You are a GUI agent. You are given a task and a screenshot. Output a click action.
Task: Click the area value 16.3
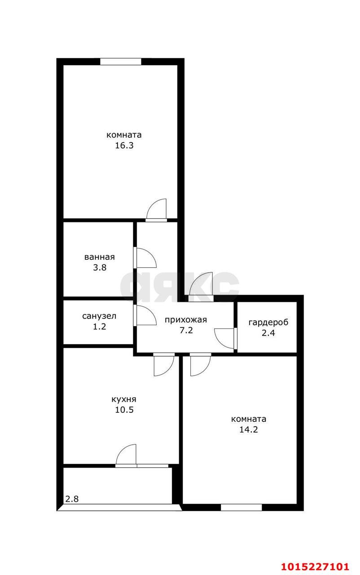[124, 146]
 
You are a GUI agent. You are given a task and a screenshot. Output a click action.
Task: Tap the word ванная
[100, 257]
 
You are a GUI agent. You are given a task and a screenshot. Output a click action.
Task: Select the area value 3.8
[100, 268]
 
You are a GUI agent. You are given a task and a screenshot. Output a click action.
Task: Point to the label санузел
[99, 316]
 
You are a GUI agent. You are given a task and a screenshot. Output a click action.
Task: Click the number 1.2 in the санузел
[100, 327]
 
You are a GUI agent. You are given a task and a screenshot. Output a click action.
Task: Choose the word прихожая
[186, 320]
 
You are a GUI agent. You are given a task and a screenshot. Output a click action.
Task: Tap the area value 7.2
[186, 330]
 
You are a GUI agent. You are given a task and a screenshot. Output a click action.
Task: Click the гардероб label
[268, 323]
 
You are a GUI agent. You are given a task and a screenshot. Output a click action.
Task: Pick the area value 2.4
[268, 333]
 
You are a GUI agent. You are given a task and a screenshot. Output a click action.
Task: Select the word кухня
[124, 399]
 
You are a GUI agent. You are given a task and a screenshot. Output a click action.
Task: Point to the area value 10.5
[124, 410]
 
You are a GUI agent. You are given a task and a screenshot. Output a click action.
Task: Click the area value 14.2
[249, 429]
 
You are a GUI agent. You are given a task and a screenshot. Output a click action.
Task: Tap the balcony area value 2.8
[72, 499]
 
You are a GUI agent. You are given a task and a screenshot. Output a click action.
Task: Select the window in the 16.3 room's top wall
[120, 62]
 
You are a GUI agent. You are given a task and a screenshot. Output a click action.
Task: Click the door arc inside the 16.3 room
[152, 204]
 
